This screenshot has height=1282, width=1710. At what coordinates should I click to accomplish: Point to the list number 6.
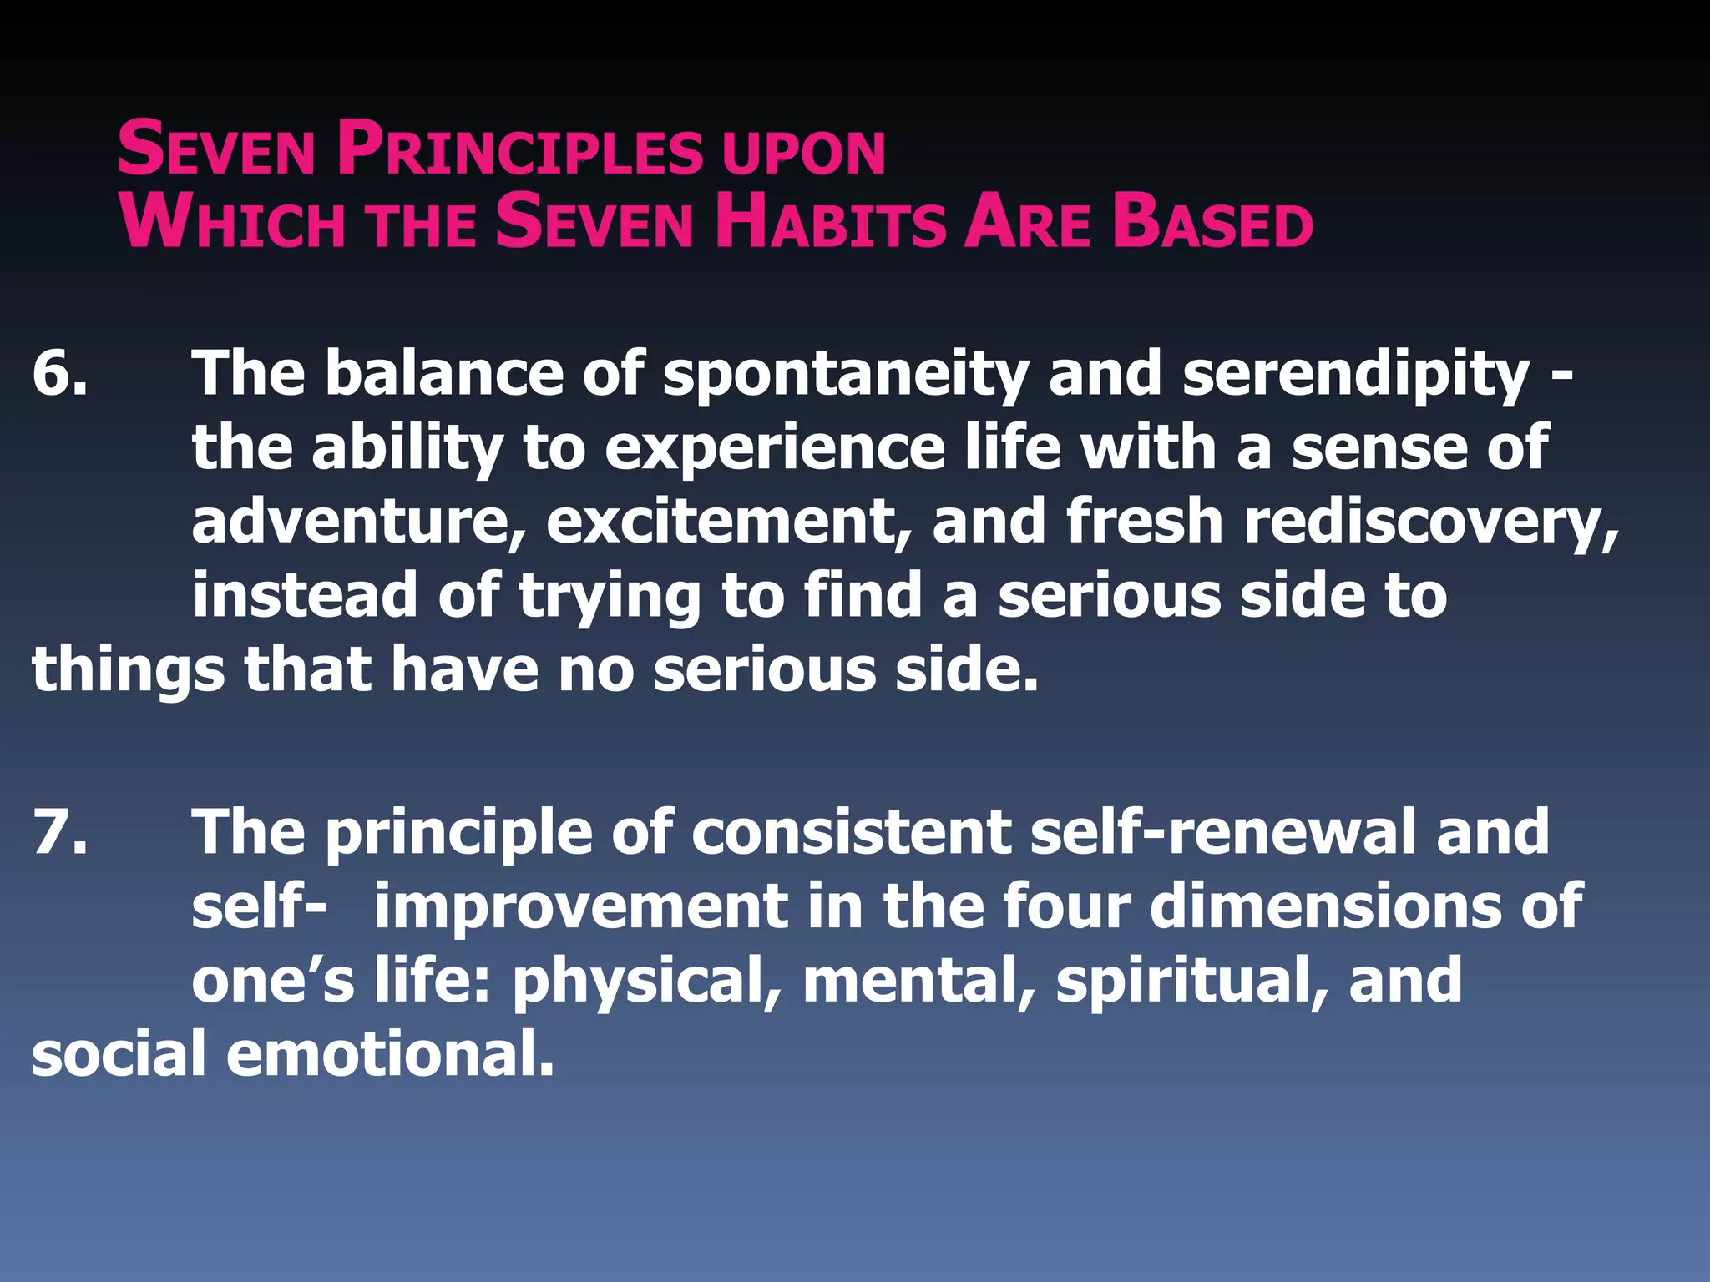(58, 372)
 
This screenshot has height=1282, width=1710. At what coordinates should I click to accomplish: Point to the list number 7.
(58, 831)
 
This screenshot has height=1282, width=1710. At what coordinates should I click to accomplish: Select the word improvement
(580, 906)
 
